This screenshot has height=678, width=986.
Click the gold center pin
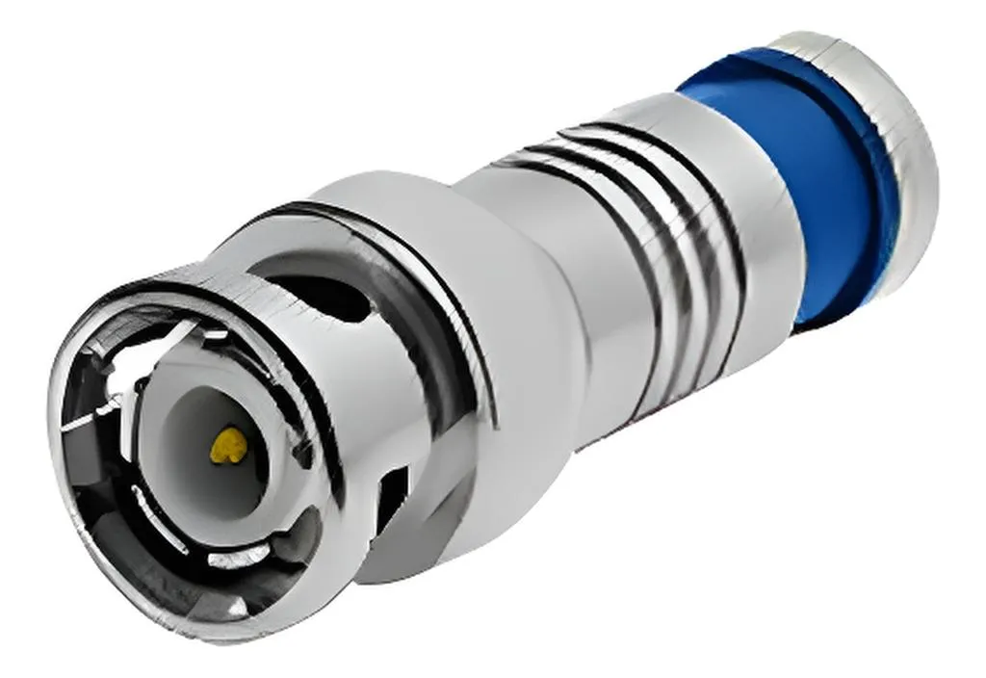226,445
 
